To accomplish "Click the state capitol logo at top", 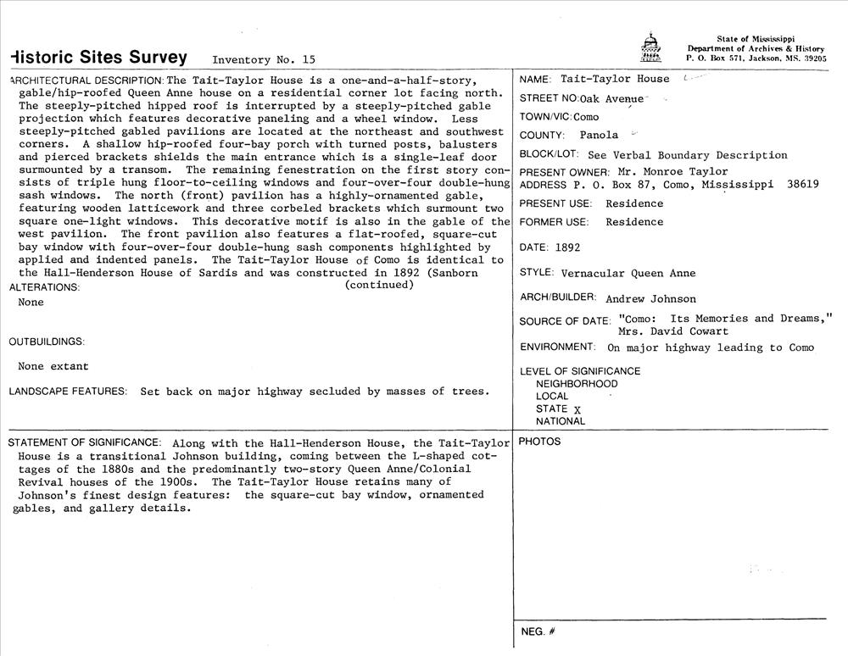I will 650,48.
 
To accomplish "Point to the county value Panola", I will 599,135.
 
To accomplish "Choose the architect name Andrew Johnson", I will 651,298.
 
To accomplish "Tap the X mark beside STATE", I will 577,409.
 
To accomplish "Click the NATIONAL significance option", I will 561,421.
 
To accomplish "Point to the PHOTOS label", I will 539,442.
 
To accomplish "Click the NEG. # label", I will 538,631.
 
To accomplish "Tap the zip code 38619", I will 801,185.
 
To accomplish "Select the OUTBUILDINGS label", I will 47,342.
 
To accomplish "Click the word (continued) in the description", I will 379,285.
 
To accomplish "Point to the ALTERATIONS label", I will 44,287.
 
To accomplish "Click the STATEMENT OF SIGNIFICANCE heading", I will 84,442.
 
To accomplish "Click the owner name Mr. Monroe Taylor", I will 672,172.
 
